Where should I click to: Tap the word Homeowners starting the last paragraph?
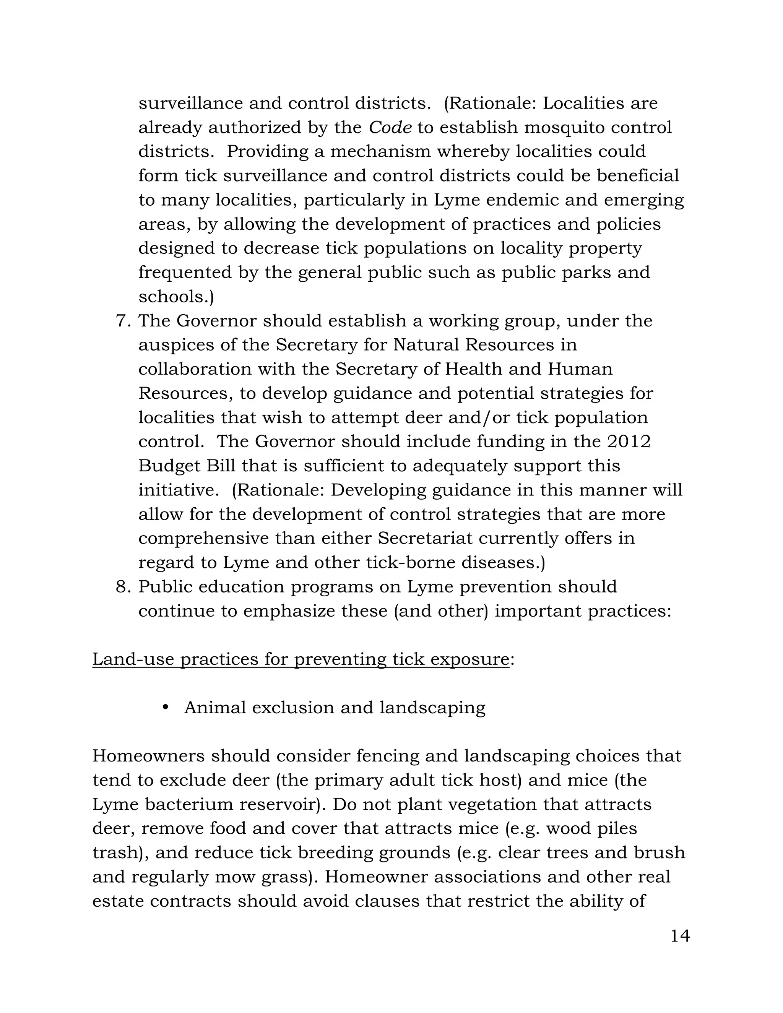point(148,756)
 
